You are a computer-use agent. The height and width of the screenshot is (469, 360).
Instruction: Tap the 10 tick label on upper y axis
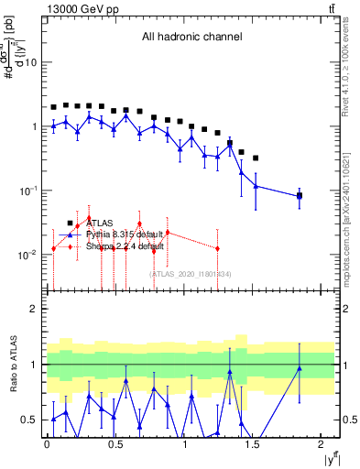pyautogui.click(x=30, y=62)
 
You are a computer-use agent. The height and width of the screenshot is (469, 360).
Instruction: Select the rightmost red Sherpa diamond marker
pyautogui.click(x=217, y=248)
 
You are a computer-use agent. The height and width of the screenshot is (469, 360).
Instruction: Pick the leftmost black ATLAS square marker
pyautogui.click(x=54, y=107)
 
